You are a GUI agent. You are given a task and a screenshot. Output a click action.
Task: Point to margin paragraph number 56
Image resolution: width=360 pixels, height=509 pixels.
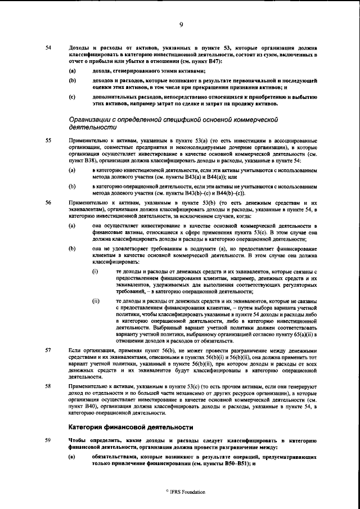tap(48, 201)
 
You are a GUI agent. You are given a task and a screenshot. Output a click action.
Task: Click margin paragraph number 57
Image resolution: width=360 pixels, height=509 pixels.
tap(48, 349)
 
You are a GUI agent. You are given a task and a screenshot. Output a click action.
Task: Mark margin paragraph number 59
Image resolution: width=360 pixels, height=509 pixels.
tap(48, 439)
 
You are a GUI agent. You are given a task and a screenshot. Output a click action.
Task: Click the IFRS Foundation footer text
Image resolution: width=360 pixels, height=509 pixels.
tap(182, 491)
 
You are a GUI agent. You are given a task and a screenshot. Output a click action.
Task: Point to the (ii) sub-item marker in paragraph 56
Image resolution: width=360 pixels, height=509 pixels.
tap(96, 301)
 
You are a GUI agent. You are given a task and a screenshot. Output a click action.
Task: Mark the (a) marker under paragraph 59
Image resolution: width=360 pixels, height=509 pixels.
tap(72, 455)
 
